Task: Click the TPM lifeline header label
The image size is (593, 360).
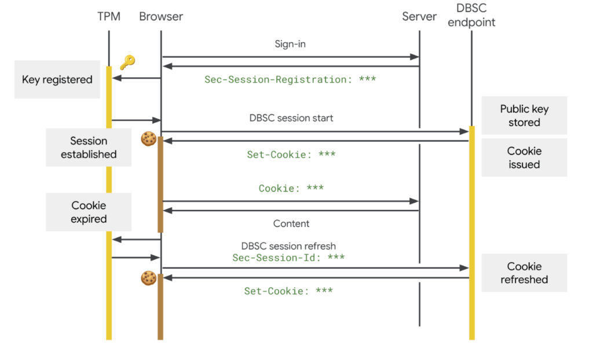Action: click(109, 16)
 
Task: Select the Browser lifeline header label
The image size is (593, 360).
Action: click(161, 16)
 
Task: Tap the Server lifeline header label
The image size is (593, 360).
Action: click(419, 16)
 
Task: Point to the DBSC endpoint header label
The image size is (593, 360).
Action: click(471, 16)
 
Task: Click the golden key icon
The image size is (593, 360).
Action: click(126, 63)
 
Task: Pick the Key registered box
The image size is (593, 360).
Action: click(57, 79)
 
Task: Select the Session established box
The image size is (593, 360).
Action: click(89, 148)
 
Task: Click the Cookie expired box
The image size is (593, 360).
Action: click(89, 212)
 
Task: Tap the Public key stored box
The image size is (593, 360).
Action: click(524, 116)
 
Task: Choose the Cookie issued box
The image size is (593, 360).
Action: click(524, 157)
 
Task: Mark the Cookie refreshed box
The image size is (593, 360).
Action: click(524, 273)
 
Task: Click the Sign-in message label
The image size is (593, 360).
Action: click(290, 44)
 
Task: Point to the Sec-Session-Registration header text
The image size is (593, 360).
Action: click(290, 79)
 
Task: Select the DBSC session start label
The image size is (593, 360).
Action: click(291, 117)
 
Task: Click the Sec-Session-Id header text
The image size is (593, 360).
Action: click(288, 258)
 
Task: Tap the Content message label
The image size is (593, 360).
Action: click(291, 223)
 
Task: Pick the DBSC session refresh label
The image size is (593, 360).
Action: click(288, 246)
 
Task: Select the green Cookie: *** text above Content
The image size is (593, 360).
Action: click(291, 188)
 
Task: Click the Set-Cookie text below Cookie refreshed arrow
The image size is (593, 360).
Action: click(288, 291)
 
